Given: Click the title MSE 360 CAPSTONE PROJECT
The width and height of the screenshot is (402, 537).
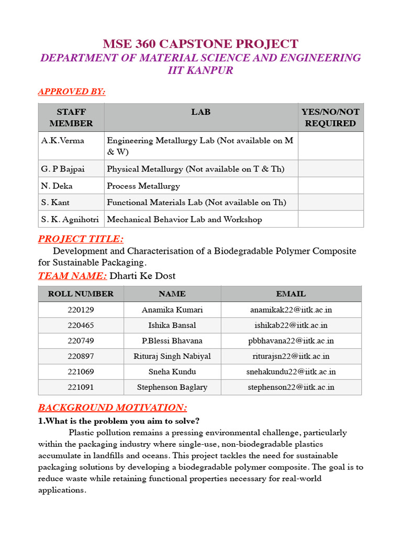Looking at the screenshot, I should [200, 44].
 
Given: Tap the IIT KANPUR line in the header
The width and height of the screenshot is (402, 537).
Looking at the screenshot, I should [200, 70].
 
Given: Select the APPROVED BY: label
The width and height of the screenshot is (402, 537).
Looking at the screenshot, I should [72, 92].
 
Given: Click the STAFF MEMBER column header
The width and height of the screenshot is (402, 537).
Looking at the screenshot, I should [71, 117].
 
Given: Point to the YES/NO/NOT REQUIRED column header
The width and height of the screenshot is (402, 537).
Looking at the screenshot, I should [330, 117].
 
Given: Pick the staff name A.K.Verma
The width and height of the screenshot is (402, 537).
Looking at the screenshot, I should [62, 141].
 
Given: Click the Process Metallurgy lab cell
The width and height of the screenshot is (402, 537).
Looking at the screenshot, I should [143, 186].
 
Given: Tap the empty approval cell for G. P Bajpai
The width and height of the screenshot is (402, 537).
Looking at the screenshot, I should [330, 169].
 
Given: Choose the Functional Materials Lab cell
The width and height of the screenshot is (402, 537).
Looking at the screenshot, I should [196, 202].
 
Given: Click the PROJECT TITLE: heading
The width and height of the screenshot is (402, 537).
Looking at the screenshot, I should [81, 239].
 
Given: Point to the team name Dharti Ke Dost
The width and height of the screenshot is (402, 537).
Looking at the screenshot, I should [142, 276].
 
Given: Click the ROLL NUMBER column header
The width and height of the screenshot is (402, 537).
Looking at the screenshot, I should [81, 294].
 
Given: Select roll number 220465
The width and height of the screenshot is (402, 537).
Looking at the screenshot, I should [81, 325].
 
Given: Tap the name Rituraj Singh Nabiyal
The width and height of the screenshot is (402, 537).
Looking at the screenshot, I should [172, 356].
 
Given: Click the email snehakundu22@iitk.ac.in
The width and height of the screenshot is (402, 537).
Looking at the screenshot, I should [291, 372].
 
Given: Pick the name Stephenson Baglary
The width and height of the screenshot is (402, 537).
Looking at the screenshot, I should [172, 388].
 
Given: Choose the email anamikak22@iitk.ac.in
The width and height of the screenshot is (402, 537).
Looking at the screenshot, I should [291, 309].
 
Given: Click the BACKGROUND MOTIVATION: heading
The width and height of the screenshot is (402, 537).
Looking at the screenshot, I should [113, 407].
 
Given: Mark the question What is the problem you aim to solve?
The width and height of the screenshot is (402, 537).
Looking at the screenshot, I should [119, 421].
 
